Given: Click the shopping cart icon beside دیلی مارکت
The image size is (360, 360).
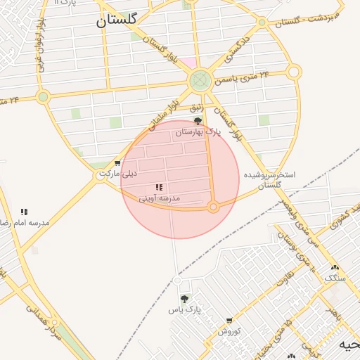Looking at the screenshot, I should (117, 163).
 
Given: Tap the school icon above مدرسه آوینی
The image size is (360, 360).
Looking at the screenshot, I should (159, 188).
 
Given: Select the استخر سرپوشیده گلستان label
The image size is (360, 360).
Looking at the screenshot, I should (269, 179).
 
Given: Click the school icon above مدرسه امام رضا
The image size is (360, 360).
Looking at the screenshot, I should (24, 211).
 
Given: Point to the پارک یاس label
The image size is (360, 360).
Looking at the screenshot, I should (184, 309).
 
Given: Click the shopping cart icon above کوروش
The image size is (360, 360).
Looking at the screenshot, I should (229, 320).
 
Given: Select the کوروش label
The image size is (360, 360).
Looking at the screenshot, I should (229, 330).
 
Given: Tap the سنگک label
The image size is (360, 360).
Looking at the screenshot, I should (335, 278).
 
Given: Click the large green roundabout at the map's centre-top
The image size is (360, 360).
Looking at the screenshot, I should (201, 80).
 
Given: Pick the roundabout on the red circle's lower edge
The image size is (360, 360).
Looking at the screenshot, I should (214, 207).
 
